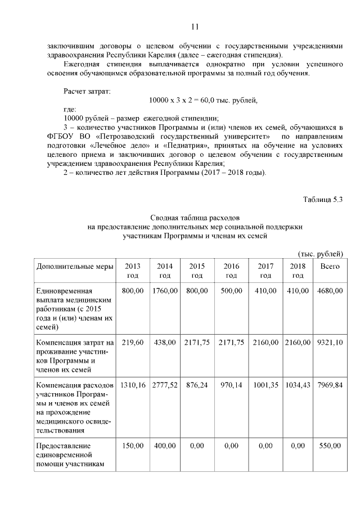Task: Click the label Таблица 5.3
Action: coord(322,199)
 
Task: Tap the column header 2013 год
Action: coord(132,271)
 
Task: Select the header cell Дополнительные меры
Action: coord(75,266)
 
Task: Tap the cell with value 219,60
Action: coord(132,342)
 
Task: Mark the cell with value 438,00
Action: coord(164,342)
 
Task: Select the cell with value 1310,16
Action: coord(132,385)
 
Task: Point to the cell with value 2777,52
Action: coord(164,385)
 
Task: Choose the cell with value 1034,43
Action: coord(297,385)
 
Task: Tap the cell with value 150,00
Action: coord(132,445)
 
